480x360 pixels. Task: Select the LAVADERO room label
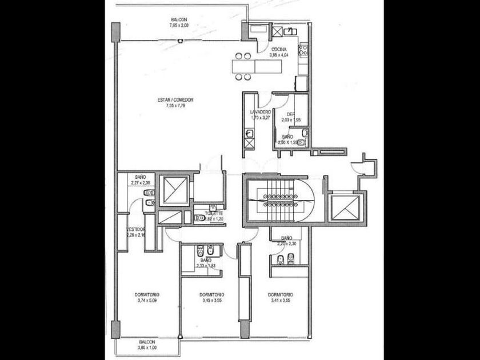[260, 112]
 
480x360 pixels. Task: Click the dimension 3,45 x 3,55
[211, 300]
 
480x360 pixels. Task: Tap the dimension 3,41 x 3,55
[279, 300]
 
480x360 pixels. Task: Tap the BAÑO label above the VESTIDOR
[141, 178]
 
